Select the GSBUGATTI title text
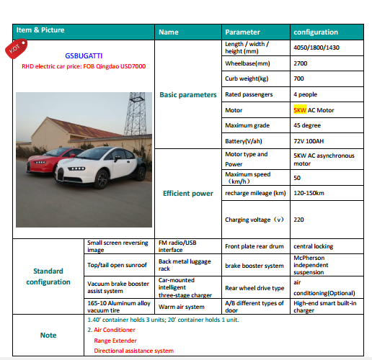[x=84, y=55]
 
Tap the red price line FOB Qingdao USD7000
[x=84, y=65]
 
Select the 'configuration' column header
[x=315, y=32]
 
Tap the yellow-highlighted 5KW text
[x=300, y=110]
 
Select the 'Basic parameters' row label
[x=187, y=94]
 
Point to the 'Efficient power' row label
[x=187, y=193]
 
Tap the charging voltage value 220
[x=298, y=219]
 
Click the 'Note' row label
[x=48, y=334]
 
